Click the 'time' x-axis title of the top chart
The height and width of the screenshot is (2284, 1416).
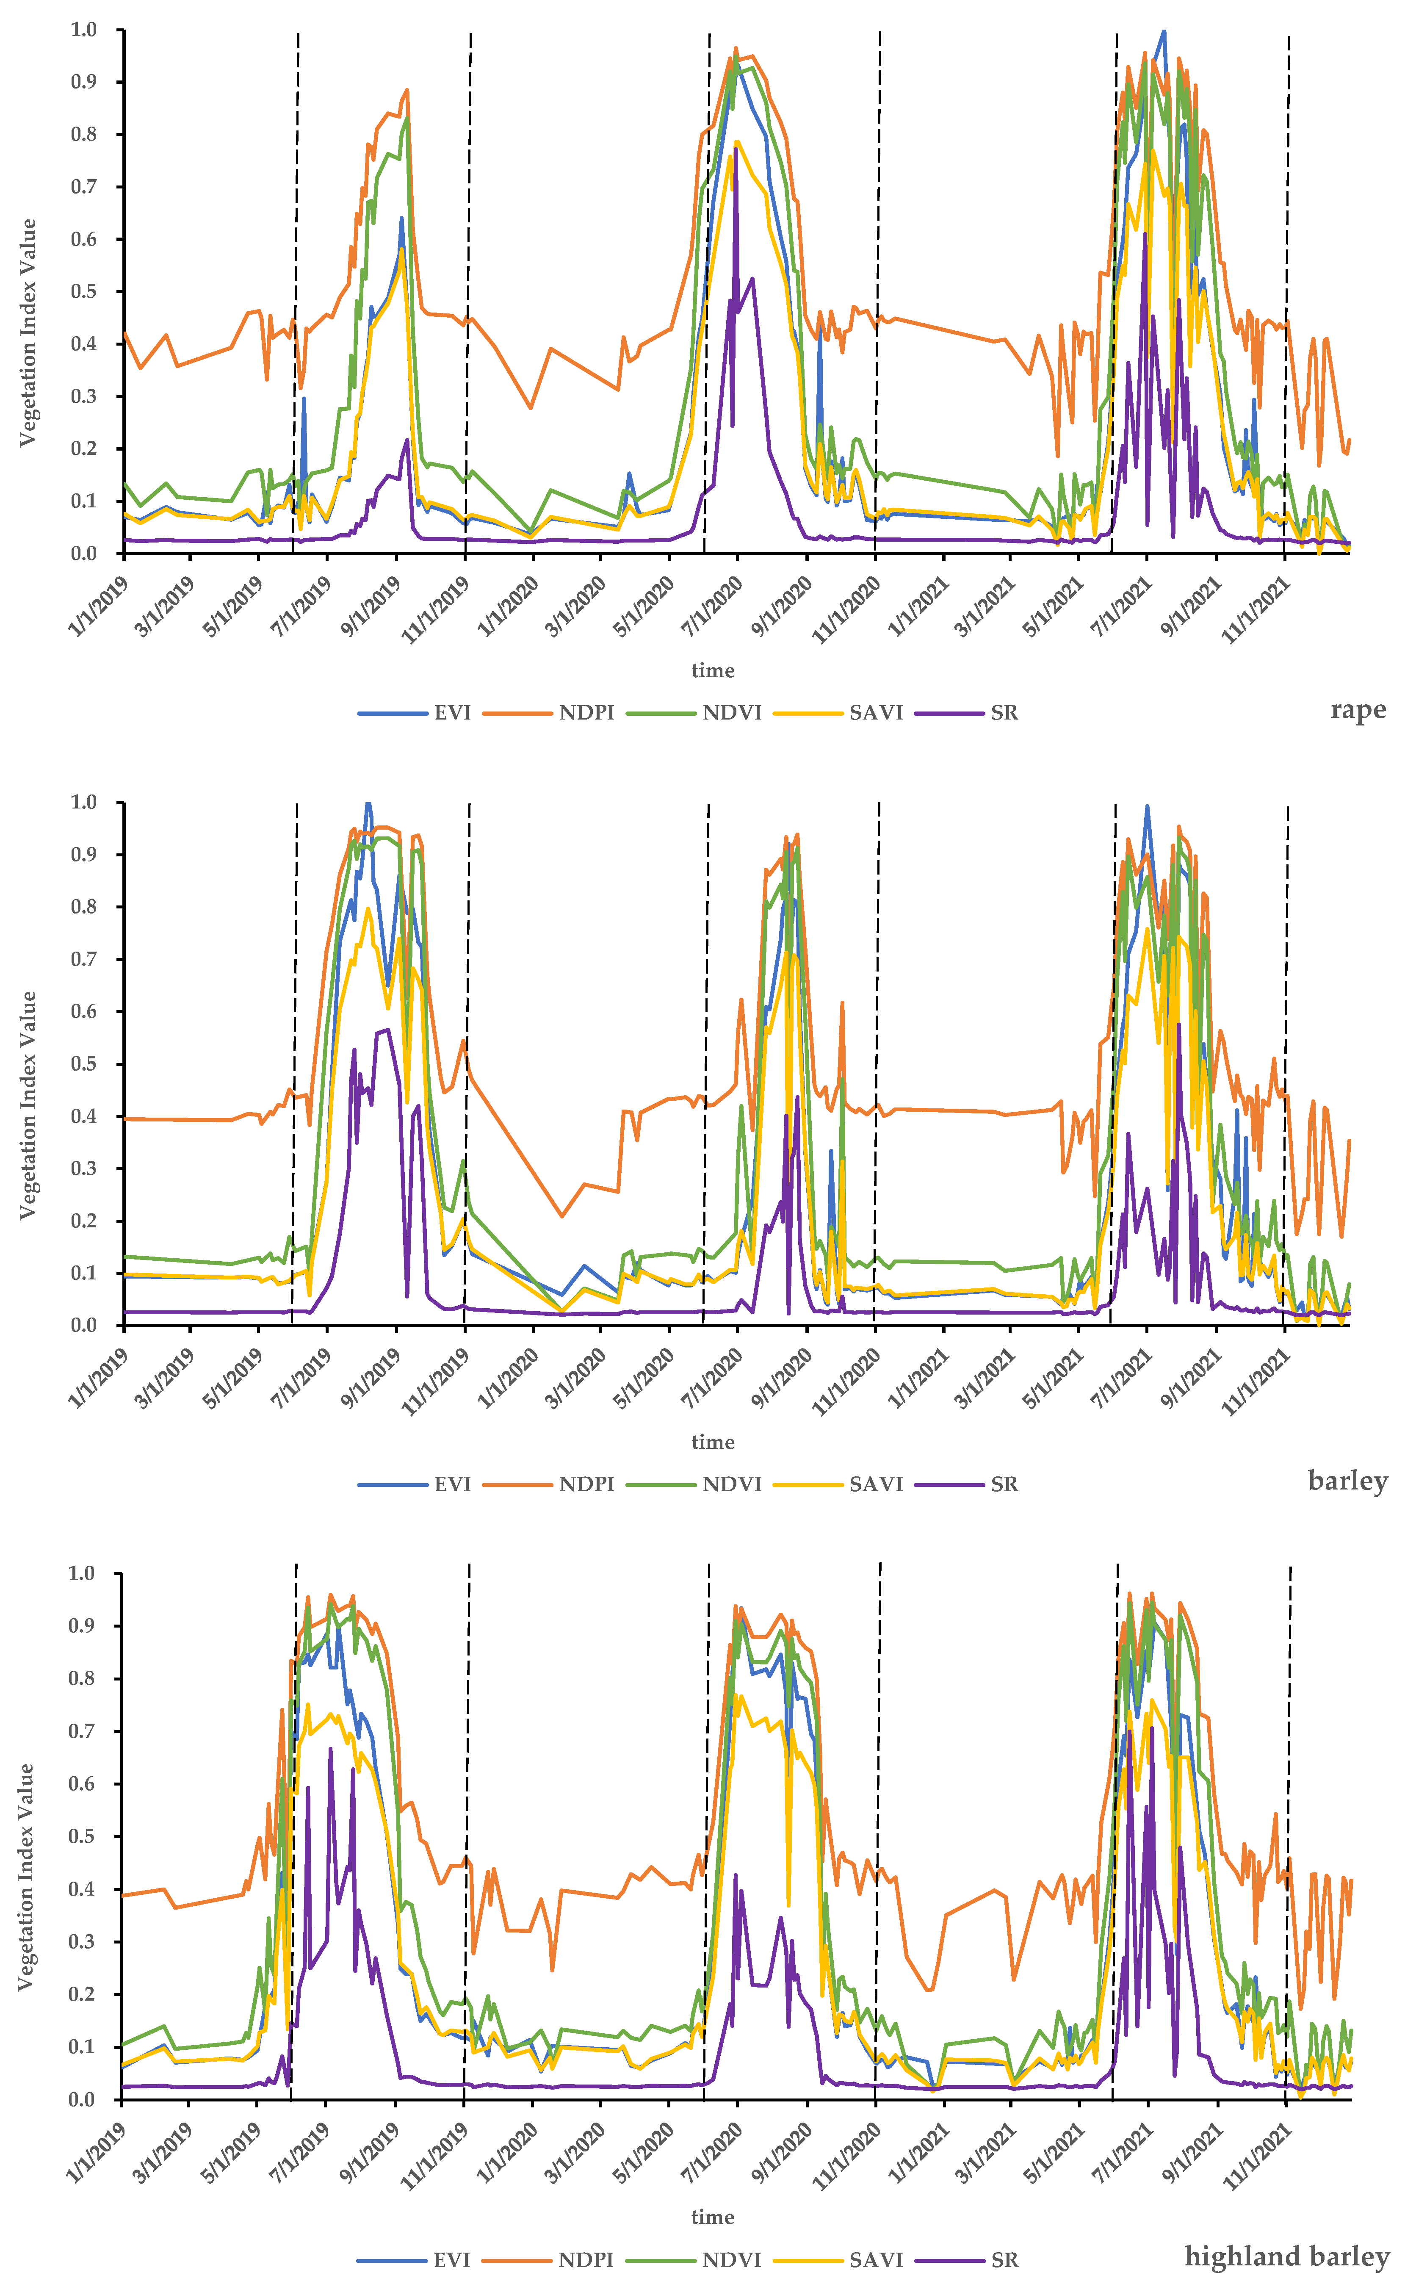[x=713, y=670]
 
